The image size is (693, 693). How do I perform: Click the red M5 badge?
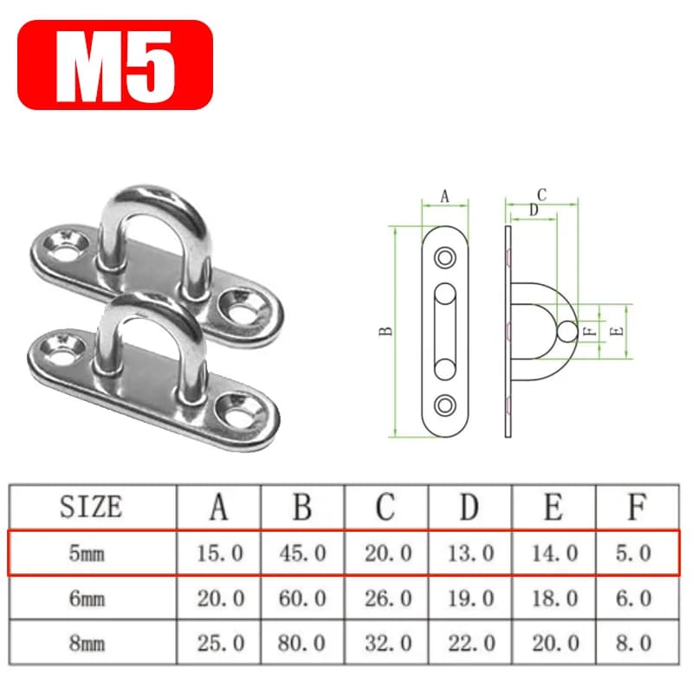tap(115, 65)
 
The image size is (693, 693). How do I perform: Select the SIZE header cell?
tap(91, 507)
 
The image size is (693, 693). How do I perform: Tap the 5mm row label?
tap(87, 554)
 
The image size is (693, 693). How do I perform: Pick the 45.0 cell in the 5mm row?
tap(302, 554)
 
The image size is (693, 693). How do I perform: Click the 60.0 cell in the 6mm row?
tap(302, 599)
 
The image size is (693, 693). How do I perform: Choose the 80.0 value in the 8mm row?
tap(302, 643)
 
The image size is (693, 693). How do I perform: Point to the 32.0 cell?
tap(388, 643)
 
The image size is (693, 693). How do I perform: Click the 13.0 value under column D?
tap(470, 554)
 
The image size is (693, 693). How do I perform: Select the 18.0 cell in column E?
tap(554, 599)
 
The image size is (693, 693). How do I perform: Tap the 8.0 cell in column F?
tap(634, 643)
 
